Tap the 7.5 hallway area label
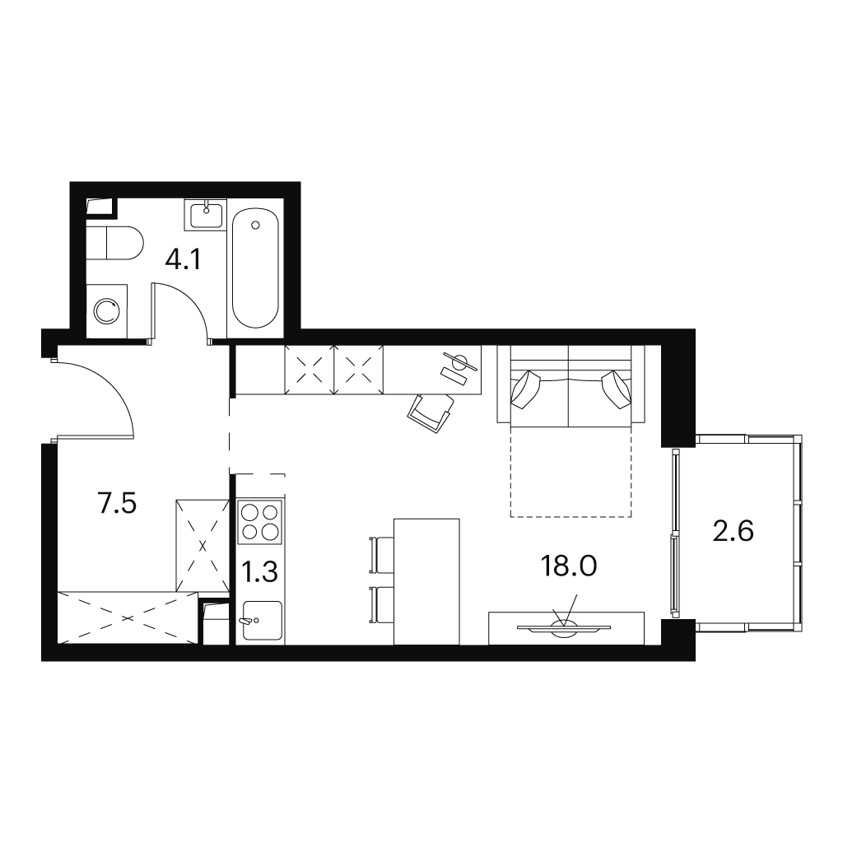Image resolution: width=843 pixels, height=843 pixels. coord(118,504)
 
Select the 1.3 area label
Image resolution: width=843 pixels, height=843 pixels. coord(259,572)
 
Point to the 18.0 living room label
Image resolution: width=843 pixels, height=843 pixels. coord(569,566)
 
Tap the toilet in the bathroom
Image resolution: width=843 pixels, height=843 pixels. coord(115,243)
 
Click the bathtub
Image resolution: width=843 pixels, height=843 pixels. coord(255,268)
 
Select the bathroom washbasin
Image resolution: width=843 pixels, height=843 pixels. coord(205,215)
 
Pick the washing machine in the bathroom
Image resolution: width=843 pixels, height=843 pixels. coord(107,311)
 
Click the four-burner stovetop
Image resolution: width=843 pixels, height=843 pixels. coord(261,521)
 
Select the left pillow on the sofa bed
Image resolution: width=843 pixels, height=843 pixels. coord(526,389)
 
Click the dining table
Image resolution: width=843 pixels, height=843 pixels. coord(427,581)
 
